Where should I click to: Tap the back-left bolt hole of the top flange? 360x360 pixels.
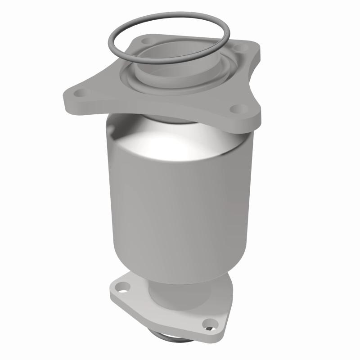(145, 41)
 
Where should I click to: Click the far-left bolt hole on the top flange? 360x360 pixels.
(81, 94)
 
